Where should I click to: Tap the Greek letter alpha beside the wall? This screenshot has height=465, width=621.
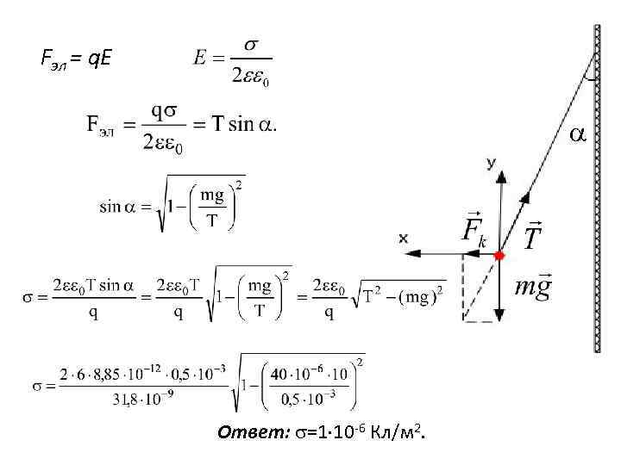click(577, 134)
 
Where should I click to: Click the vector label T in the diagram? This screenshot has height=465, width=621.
click(533, 234)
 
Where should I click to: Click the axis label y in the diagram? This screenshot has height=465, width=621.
click(491, 162)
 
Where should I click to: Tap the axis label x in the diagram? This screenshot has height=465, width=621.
click(404, 238)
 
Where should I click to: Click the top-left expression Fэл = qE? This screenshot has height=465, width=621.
click(76, 59)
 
